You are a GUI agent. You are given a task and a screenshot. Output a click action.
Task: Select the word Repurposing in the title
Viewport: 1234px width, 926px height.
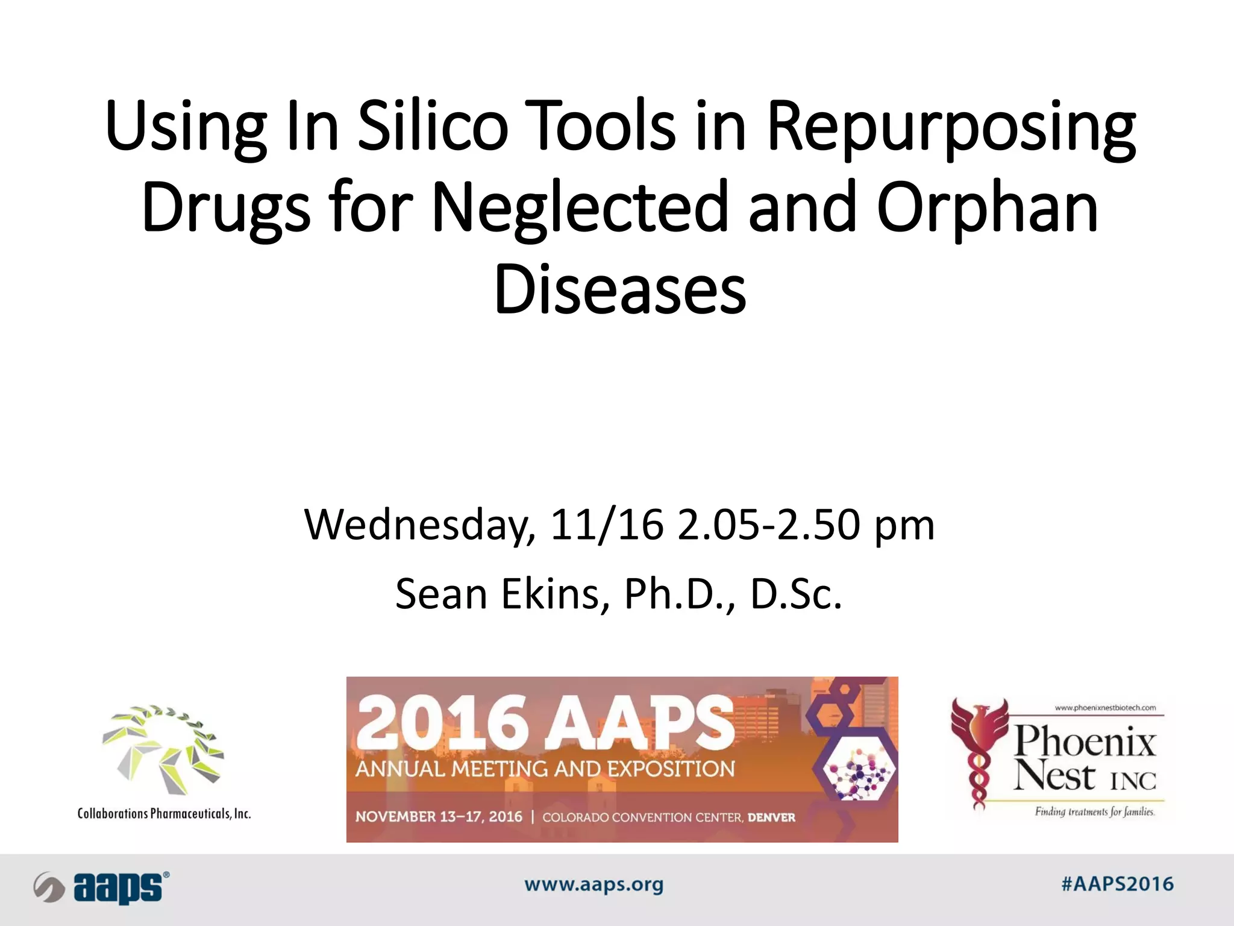pyautogui.click(x=951, y=128)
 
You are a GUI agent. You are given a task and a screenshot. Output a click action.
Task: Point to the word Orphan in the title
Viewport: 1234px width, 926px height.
pyautogui.click(x=987, y=208)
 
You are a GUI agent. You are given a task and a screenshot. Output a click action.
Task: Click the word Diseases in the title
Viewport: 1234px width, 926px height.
pyautogui.click(x=620, y=290)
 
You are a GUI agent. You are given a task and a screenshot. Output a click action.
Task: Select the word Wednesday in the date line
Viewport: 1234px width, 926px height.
pyautogui.click(x=419, y=524)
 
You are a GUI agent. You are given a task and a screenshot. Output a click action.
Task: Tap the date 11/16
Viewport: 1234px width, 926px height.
pyautogui.click(x=606, y=524)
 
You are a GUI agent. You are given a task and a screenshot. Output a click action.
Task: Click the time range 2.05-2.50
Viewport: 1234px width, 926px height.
pyautogui.click(x=769, y=524)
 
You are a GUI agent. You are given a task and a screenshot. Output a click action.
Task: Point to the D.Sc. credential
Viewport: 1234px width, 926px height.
pyautogui.click(x=795, y=594)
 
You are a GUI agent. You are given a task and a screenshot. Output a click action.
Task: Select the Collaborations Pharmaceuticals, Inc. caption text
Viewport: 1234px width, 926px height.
pyautogui.click(x=164, y=814)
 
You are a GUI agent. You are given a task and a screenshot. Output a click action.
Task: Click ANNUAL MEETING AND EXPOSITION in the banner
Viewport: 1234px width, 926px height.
pyautogui.click(x=545, y=769)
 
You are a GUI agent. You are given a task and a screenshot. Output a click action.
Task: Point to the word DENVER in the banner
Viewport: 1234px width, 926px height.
pyautogui.click(x=771, y=818)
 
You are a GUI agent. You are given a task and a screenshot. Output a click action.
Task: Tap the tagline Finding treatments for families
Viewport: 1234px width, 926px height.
pyautogui.click(x=1094, y=811)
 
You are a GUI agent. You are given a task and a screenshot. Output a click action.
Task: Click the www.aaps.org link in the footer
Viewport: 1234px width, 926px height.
pyautogui.click(x=594, y=885)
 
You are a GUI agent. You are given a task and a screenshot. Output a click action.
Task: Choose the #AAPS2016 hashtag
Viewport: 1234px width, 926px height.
pyautogui.click(x=1117, y=884)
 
